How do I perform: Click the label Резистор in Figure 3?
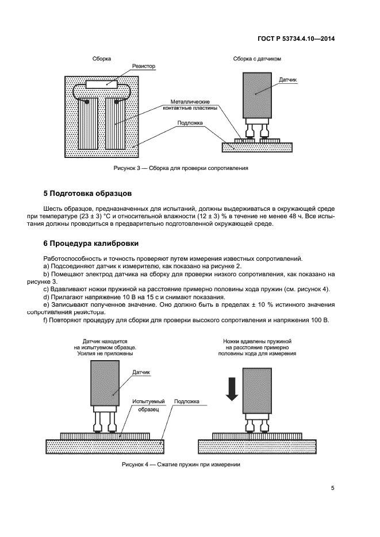(144, 67)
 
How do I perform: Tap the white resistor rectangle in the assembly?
(101, 85)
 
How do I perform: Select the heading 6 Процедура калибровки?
(90, 244)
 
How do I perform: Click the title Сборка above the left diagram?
(102, 59)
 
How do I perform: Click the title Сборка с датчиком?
(257, 59)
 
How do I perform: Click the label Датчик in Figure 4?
(141, 373)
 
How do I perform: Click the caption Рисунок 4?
(180, 464)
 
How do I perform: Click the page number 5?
(332, 488)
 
